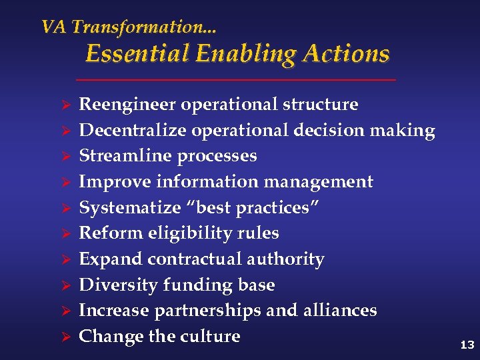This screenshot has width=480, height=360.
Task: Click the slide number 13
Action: pos(467,345)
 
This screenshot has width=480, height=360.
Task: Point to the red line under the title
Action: pos(236,80)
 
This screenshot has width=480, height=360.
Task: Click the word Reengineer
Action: pos(127,105)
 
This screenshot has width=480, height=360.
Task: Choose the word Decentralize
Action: pos(133,131)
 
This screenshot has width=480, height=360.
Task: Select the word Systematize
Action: pos(130,207)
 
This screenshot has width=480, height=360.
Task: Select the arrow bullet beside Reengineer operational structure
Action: pos(66,105)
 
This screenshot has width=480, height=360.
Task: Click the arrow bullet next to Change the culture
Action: pos(66,337)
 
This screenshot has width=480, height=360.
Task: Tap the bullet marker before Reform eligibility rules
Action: pos(66,234)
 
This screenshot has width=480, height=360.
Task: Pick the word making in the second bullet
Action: pos(404,131)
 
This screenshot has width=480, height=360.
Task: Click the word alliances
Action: pos(343,311)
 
